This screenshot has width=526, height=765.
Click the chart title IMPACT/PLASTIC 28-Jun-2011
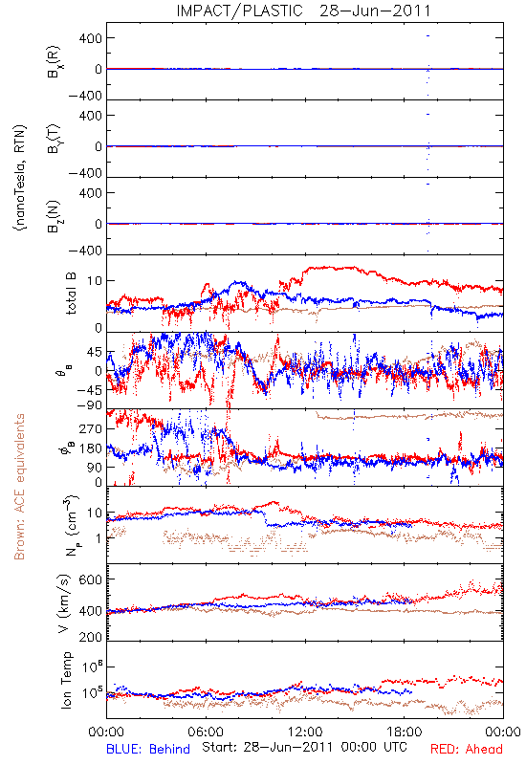[x=303, y=11]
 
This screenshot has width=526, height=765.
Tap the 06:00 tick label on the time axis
[x=206, y=732]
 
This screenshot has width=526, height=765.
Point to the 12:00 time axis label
[x=305, y=732]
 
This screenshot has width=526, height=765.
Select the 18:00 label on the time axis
[x=404, y=732]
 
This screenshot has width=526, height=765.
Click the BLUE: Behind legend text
[x=148, y=749]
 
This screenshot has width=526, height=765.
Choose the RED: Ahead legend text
[x=467, y=749]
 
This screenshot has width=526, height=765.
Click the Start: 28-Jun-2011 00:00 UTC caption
[x=304, y=747]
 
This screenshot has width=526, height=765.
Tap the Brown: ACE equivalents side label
[x=19, y=487]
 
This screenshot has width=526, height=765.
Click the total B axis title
[x=71, y=294]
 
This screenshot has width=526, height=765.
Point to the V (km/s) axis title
[x=64, y=603]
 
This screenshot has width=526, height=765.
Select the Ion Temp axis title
[x=66, y=680]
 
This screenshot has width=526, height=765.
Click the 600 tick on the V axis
[x=91, y=579]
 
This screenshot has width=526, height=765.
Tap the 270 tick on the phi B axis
[x=91, y=429]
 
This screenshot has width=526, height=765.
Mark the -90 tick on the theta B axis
[x=88, y=405]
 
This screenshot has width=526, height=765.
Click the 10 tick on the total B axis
[x=95, y=281]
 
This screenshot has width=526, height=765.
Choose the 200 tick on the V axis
[x=91, y=637]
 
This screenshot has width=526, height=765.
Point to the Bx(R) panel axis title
[x=54, y=61]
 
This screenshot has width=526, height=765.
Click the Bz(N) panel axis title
[x=54, y=216]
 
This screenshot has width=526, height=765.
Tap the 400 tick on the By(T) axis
[x=91, y=116]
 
